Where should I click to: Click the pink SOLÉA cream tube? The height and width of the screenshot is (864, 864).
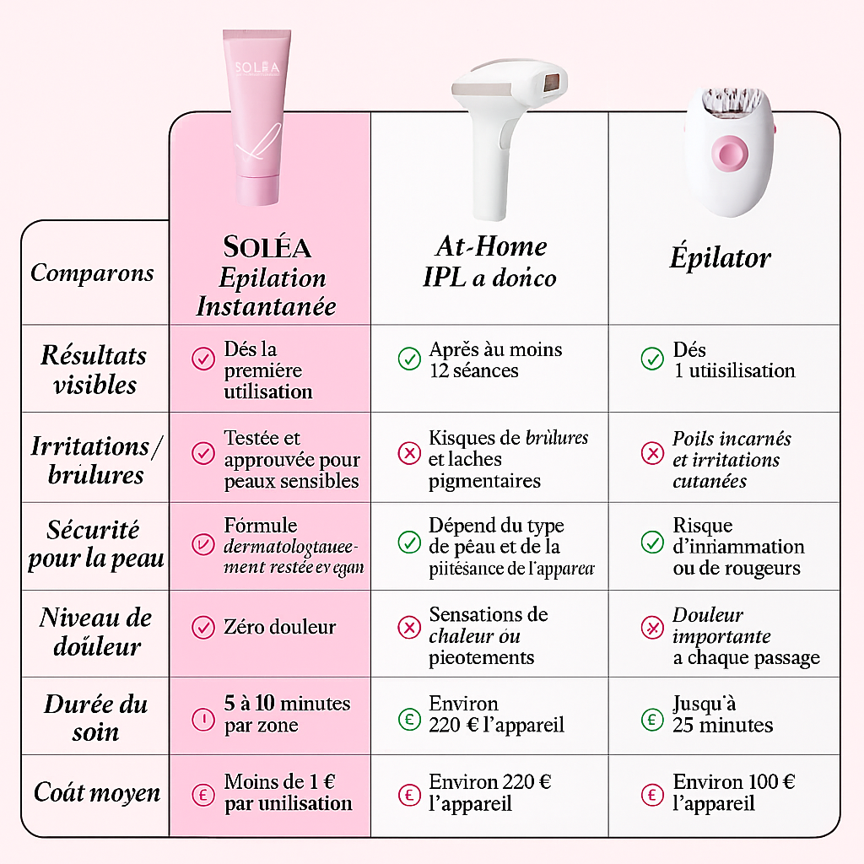click(x=262, y=118)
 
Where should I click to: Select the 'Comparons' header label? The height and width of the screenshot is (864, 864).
click(x=93, y=273)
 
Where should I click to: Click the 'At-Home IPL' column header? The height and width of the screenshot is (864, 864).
click(x=490, y=262)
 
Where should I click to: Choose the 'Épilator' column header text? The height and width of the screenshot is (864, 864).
click(x=720, y=257)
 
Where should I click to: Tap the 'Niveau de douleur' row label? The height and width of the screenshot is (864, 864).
click(x=94, y=632)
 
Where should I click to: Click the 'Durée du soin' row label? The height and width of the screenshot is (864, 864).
click(x=95, y=718)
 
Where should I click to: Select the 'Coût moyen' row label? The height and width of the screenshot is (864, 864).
click(x=97, y=792)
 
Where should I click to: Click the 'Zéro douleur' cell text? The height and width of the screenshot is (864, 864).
click(x=279, y=627)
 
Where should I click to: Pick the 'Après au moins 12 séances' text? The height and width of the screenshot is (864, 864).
click(x=494, y=359)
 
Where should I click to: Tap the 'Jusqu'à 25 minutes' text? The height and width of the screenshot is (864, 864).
click(x=722, y=714)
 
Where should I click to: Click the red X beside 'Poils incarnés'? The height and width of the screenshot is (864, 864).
click(x=652, y=453)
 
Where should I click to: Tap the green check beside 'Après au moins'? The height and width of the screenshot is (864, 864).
click(x=409, y=359)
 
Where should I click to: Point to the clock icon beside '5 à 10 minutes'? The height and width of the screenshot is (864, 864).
click(x=203, y=719)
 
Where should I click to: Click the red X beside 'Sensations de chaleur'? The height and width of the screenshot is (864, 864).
click(x=409, y=627)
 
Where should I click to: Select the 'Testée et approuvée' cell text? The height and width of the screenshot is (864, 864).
click(x=291, y=460)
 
